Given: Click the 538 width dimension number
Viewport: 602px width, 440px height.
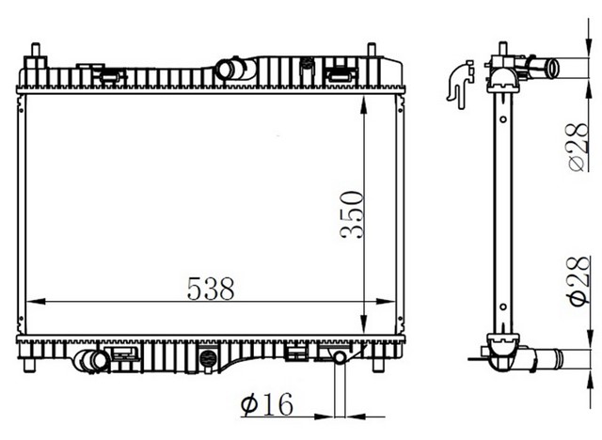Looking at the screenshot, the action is coord(211,289).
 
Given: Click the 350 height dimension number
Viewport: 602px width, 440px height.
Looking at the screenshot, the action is coord(352,214).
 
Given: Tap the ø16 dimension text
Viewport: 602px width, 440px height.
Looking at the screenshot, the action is coord(267,404).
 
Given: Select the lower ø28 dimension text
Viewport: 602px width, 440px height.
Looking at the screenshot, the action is coord(578,281).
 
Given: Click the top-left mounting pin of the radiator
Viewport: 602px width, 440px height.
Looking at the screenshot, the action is coord(36,50).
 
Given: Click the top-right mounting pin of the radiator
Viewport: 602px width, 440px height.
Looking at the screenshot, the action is coord(372,50).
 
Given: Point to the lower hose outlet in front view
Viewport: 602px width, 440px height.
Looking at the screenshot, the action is coord(92,361).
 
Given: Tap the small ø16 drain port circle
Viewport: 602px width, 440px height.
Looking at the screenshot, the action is coord(341,358).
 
